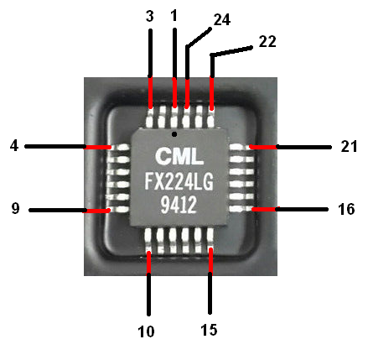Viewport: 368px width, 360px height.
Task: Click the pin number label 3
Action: [150, 16]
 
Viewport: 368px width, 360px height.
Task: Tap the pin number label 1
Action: [174, 15]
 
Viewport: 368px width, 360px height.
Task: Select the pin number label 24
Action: [222, 20]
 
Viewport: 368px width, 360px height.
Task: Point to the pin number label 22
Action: [267, 41]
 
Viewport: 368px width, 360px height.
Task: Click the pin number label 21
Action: [349, 146]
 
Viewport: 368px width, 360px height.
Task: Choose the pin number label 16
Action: [346, 209]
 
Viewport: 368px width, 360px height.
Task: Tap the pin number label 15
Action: [209, 330]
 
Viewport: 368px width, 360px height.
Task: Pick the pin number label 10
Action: [146, 331]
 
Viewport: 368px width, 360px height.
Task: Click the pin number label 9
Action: [16, 208]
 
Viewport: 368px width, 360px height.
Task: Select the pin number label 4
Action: [14, 146]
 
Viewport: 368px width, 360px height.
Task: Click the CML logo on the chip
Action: [179, 156]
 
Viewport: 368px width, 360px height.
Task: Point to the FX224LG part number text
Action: [179, 181]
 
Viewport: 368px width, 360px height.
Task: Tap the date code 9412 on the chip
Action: [179, 205]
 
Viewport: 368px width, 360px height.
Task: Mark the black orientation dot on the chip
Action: [174, 134]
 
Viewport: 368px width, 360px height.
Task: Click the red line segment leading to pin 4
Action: [98, 147]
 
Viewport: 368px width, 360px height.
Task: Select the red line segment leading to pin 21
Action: [263, 147]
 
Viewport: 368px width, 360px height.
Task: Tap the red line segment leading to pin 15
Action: [210, 260]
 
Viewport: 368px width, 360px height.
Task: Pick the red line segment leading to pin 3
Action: [151, 92]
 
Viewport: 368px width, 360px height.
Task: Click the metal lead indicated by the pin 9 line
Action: [118, 209]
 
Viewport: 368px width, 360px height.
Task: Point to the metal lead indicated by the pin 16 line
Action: [241, 209]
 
